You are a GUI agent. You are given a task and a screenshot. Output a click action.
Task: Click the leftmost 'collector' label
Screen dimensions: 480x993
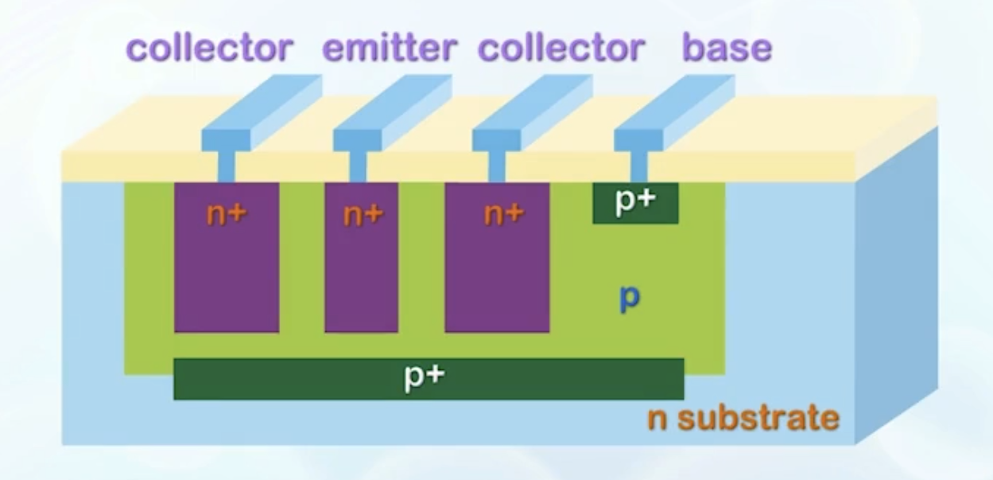click(209, 49)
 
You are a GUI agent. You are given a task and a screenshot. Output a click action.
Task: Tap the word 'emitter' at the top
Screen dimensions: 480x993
click(389, 49)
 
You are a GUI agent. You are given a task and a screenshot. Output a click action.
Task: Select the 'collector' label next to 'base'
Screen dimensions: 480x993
click(561, 49)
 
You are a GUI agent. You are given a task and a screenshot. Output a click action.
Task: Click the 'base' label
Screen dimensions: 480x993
click(727, 49)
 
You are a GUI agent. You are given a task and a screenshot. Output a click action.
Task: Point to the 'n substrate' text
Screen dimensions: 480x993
click(743, 417)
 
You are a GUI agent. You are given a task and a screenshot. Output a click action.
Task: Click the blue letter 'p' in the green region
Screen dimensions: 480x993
click(630, 299)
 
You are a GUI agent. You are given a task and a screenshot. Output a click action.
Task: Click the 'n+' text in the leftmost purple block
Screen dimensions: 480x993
click(226, 213)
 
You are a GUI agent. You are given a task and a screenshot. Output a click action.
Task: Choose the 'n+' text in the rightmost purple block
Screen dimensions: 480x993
click(504, 213)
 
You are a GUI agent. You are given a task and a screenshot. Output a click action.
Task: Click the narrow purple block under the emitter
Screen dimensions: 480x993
click(361, 279)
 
